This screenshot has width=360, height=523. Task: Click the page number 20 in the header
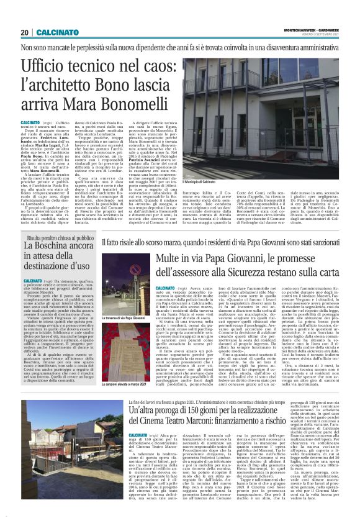click(25, 32)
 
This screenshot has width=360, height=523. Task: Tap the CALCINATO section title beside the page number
click(56, 32)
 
